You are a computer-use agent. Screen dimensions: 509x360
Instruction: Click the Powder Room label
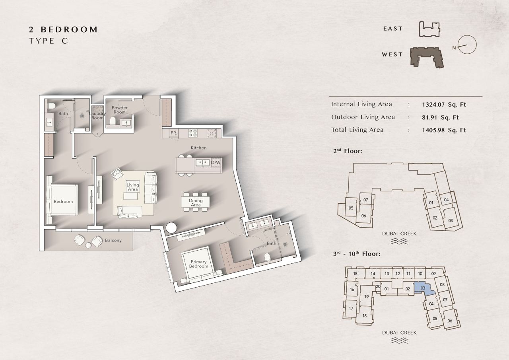120,110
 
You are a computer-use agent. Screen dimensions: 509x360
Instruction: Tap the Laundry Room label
97,116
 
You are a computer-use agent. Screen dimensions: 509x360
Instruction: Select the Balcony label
113,240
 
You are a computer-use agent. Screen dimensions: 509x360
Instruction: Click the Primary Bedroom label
198,264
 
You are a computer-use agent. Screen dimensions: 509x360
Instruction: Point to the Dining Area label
196,202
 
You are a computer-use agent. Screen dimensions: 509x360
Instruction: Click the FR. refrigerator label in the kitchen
174,133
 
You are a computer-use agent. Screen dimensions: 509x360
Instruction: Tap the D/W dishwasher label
216,163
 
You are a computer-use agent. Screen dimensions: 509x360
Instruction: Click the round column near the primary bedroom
171,228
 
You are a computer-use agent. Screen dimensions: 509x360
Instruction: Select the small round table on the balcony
88,245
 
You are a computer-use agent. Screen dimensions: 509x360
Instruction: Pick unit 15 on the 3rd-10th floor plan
355,274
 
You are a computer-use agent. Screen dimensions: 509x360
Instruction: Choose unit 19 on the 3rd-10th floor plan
366,297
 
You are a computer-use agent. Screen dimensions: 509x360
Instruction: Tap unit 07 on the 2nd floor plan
365,200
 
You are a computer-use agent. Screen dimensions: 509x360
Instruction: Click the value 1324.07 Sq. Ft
444,105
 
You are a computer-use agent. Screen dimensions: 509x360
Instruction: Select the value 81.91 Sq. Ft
441,117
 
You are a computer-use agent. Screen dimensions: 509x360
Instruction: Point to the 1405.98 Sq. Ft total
444,130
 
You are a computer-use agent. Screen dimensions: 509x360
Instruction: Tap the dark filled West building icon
427,57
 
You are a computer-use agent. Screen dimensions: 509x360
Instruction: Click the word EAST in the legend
392,29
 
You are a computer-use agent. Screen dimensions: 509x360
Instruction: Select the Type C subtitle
49,41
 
